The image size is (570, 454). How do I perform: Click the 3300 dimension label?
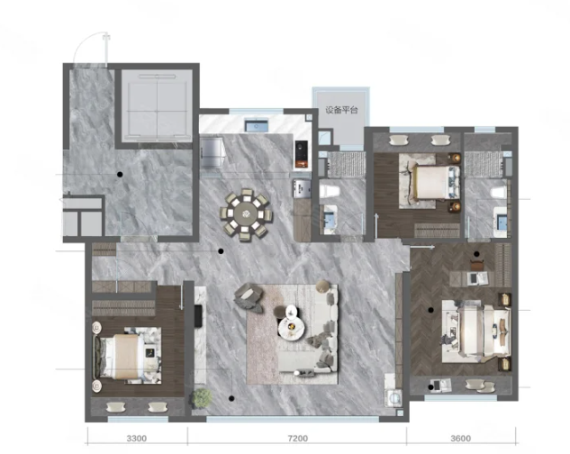pos(137,439)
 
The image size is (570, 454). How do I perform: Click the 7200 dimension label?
pos(298,439)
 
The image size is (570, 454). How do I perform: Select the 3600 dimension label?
pos(460,439)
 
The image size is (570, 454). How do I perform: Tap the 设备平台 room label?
pos(341,110)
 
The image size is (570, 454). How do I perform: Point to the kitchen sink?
pos(257,125)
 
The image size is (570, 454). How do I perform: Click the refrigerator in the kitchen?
pos(212,151)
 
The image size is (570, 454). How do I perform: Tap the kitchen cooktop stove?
pos(302,155)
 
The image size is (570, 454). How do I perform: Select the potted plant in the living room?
pos(202,397)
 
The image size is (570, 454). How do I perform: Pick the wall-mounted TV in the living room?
pos(198,316)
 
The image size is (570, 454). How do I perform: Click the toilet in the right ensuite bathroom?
pos(498,192)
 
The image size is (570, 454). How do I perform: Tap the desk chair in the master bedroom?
pos(477,264)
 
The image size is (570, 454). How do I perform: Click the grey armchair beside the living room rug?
pos(249,297)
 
